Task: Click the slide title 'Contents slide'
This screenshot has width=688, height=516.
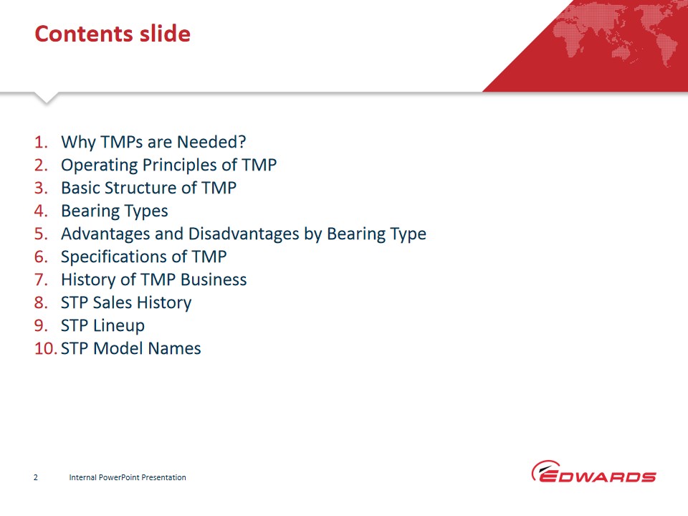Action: [x=113, y=34]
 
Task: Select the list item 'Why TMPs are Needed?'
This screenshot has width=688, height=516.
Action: [x=153, y=143]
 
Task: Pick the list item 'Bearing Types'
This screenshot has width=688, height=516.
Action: [x=114, y=211]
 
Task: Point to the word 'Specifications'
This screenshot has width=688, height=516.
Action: [x=118, y=257]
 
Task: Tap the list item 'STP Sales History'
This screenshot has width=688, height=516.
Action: [x=126, y=303]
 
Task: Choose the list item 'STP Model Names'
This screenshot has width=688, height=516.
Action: [x=130, y=348]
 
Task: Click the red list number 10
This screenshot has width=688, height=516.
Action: [x=46, y=348]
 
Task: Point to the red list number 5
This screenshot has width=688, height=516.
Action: [x=41, y=234]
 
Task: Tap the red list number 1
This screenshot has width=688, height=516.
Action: [x=41, y=142]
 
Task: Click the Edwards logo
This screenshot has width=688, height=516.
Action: [x=593, y=472]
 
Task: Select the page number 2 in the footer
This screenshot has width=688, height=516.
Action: [x=36, y=477]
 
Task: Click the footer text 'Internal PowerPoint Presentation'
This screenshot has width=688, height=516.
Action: [x=128, y=477]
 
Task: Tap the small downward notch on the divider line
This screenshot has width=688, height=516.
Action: [x=46, y=98]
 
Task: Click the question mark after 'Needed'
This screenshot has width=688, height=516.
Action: [x=242, y=142]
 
